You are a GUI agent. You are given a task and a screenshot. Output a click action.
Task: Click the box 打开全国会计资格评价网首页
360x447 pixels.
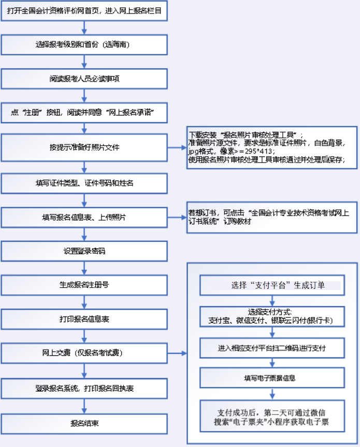coord(84,11)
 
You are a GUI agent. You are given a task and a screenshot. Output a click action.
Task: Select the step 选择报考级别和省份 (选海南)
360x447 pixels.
coord(84,45)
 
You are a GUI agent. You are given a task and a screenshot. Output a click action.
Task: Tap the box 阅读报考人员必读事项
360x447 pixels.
coord(84,79)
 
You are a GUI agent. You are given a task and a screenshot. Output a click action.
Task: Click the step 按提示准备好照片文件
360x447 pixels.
coord(84,148)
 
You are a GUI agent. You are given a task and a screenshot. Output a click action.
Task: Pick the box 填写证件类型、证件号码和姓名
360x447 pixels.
coord(84,183)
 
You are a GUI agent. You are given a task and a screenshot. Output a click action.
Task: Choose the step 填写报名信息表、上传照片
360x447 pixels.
coord(84,217)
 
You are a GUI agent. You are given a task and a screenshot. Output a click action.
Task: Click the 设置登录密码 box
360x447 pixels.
coord(84,251)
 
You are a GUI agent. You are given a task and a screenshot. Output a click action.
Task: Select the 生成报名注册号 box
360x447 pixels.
coord(84,285)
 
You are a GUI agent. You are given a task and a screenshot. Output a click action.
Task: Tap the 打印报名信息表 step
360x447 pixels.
coord(84,319)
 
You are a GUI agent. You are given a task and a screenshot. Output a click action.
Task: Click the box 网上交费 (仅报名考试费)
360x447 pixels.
coord(84,353)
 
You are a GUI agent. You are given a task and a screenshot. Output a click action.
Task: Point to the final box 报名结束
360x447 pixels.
coord(84,423)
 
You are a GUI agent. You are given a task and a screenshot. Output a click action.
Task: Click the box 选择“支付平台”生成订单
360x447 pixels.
coord(272,285)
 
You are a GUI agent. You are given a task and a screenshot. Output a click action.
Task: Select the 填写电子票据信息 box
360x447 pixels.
coord(272,378)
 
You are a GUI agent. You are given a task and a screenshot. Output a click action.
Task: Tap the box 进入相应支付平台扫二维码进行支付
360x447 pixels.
coord(272,347)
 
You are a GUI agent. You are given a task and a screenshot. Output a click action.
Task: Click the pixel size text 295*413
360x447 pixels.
coord(256,152)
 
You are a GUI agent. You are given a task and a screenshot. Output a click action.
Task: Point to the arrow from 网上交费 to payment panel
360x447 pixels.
coord(178,354)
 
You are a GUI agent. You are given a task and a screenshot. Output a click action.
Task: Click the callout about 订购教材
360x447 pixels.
coord(272,217)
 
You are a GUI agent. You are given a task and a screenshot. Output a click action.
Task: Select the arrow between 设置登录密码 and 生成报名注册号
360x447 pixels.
coord(84,267)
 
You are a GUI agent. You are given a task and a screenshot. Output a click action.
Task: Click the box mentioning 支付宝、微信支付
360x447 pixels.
coord(272,316)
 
